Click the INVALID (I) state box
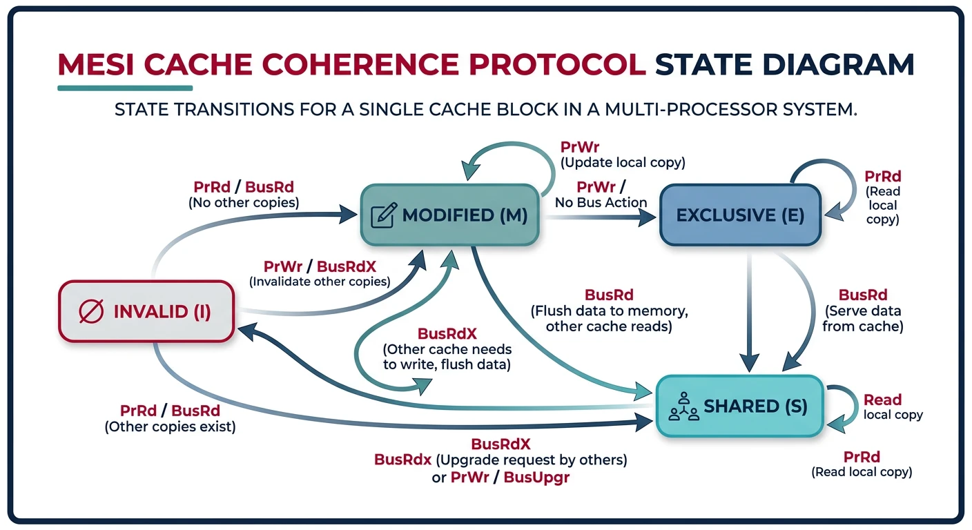(146, 311)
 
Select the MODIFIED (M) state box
(449, 215)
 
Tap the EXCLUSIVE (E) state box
(739, 215)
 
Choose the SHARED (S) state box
(739, 406)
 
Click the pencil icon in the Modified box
(383, 215)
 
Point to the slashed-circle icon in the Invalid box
(91, 312)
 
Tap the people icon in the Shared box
(684, 406)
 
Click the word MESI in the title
(101, 64)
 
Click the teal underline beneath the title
(125, 88)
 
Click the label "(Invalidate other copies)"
(319, 282)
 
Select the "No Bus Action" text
(601, 202)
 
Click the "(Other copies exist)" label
(170, 427)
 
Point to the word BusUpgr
(536, 477)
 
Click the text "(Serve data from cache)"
(862, 319)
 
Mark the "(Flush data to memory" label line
(608, 311)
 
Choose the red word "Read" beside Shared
(882, 400)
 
